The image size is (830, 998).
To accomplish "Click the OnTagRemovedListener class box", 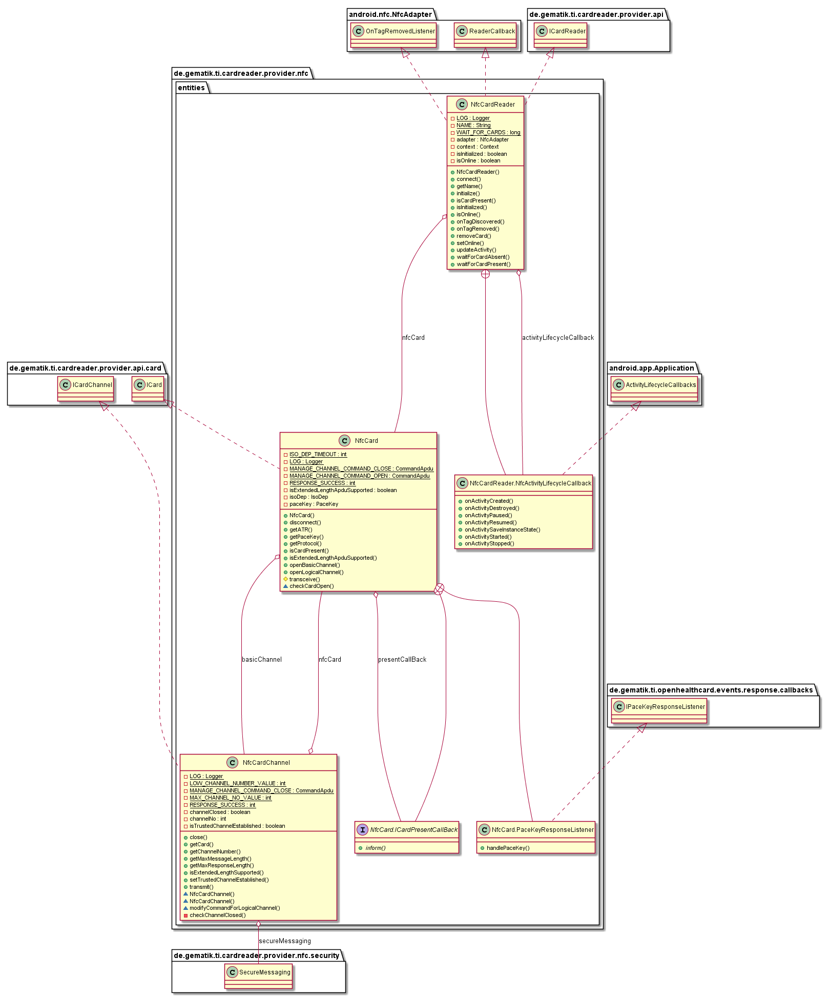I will (393, 35).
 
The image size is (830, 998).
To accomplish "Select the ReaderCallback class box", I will (485, 35).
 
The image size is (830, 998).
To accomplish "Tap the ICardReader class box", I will (560, 35).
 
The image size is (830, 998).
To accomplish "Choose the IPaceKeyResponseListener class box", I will (659, 710).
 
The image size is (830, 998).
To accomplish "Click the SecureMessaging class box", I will (258, 976).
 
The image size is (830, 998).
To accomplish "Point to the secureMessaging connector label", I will (285, 941).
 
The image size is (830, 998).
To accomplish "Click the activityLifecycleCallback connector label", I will (558, 337).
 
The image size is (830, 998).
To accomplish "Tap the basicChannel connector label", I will (262, 659).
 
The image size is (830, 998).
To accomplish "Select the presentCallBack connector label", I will (402, 659).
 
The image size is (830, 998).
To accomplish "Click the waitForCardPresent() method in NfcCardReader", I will (483, 264).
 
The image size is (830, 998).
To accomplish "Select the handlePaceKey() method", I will (508, 848).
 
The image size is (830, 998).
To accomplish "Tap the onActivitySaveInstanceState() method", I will (502, 529).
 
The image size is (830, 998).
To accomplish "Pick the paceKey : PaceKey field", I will (314, 504).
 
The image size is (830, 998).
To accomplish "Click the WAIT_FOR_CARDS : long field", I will (488, 132).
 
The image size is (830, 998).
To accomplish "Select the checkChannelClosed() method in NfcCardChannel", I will (217, 915).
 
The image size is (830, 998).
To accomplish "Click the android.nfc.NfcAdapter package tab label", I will (390, 14).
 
